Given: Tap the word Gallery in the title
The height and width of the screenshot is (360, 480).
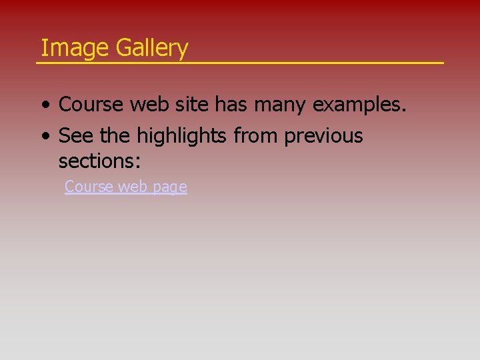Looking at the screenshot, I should pos(152,48).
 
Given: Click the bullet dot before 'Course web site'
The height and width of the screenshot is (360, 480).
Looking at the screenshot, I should pos(44,106).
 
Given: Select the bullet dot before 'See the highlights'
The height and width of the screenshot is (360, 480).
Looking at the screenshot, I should pos(44,137).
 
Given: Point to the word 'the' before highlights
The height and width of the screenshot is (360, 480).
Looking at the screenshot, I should pos(115,136).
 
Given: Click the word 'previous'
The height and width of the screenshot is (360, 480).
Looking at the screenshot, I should pos(323,137).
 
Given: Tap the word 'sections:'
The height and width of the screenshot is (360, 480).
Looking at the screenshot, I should pos(99,161).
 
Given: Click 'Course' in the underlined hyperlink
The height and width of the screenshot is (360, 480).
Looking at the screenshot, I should pos(89,187).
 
